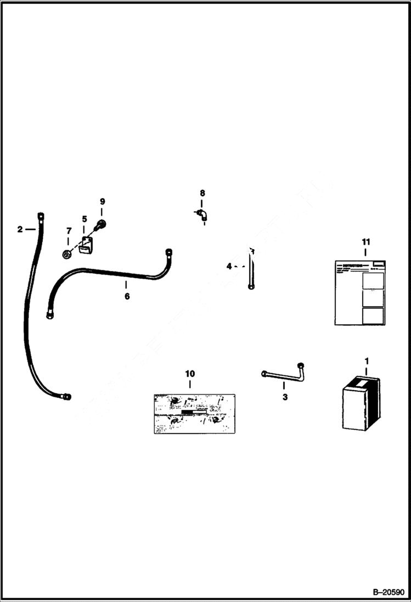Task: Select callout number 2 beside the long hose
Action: click(x=20, y=229)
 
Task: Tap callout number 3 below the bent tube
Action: click(x=285, y=397)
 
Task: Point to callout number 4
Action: click(x=229, y=267)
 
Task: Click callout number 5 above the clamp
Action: click(x=85, y=219)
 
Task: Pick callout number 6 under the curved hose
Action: click(x=127, y=296)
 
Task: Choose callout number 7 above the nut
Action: click(x=69, y=230)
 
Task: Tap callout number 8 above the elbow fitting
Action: click(x=202, y=193)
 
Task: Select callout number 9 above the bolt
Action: click(x=102, y=201)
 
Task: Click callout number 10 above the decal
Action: click(x=189, y=373)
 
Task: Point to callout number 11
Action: click(x=366, y=241)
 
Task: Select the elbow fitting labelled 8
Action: click(x=202, y=215)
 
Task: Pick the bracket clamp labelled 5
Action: click(x=85, y=245)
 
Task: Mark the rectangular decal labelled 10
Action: click(x=194, y=413)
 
